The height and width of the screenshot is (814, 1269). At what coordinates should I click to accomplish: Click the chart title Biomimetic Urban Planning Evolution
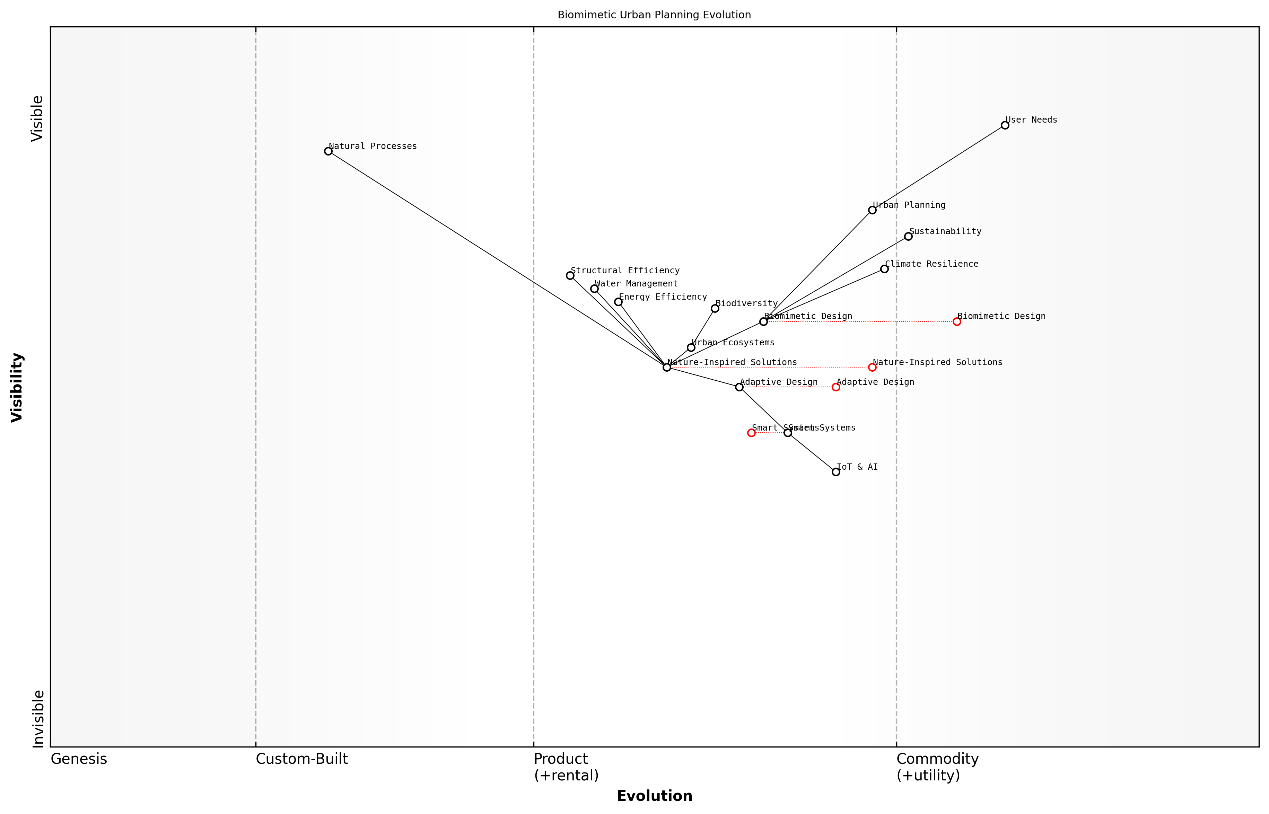(654, 15)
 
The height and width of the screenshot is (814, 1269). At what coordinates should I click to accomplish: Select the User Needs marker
(1005, 125)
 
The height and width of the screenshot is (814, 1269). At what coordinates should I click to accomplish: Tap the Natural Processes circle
(329, 151)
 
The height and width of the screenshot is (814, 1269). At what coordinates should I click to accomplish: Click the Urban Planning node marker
(873, 210)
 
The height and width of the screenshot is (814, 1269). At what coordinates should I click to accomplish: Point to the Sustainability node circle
(908, 236)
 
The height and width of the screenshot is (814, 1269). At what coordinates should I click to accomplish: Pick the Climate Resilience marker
(885, 269)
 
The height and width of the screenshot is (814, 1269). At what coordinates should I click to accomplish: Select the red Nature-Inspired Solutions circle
(873, 368)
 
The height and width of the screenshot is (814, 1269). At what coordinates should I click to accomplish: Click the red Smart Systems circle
(751, 433)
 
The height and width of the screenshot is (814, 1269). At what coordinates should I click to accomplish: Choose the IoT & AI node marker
(836, 472)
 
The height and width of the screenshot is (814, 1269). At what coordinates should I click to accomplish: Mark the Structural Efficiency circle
(570, 275)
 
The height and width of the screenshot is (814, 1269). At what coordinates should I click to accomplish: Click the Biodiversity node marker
(715, 308)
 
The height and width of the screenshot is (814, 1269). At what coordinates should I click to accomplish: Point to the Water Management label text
(636, 284)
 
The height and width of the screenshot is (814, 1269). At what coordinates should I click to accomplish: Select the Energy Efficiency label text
(663, 297)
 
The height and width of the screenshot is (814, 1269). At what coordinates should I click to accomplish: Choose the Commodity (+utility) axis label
(937, 767)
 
